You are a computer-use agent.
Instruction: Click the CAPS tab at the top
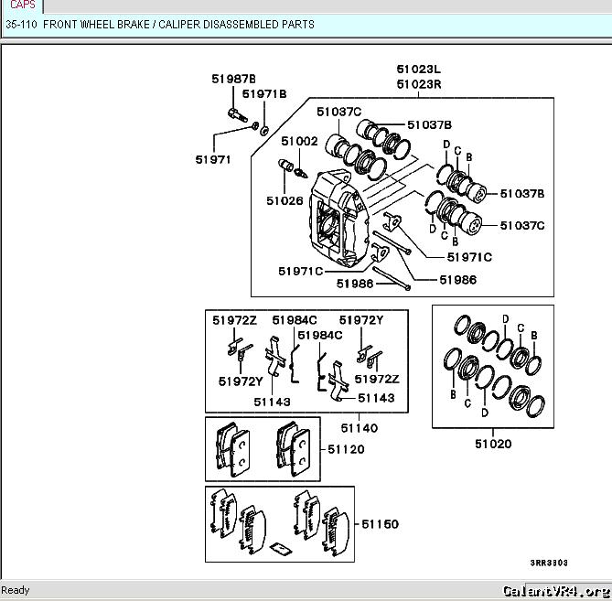point(22,5)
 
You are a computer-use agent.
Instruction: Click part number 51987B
point(233,79)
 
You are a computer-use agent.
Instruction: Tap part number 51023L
point(418,69)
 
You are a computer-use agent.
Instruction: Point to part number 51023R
point(418,84)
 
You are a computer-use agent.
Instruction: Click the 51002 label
point(299,142)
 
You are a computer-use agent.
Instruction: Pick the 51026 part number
point(285,200)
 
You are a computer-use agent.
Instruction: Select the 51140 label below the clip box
point(360,427)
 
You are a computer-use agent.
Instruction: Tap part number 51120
point(346,450)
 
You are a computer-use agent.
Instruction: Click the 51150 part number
point(380,524)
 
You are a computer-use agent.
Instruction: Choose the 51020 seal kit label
point(493,445)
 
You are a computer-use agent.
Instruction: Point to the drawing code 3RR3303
point(549,563)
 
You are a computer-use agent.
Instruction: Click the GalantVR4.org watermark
point(555,590)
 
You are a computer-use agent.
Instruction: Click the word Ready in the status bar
point(16,590)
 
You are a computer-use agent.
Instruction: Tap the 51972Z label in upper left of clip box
point(235,320)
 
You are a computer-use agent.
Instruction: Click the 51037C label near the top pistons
point(339,112)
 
